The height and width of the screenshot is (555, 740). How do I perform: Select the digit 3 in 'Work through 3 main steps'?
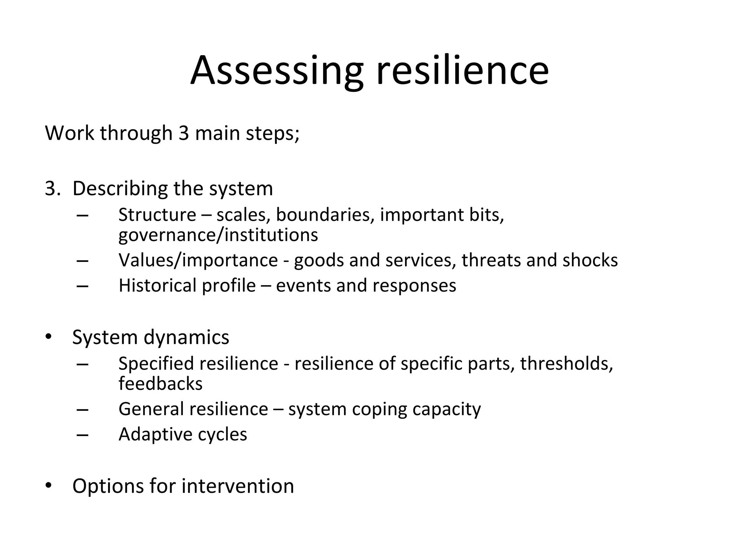point(184,133)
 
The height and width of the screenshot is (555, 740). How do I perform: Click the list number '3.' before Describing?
point(53,189)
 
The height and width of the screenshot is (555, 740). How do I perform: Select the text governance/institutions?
point(218,235)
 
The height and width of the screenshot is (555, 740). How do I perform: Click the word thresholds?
point(567,363)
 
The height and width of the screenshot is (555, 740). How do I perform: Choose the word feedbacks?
point(160,384)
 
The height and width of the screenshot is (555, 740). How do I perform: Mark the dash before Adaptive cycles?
point(83,435)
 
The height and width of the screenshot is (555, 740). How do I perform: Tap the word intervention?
point(238,486)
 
